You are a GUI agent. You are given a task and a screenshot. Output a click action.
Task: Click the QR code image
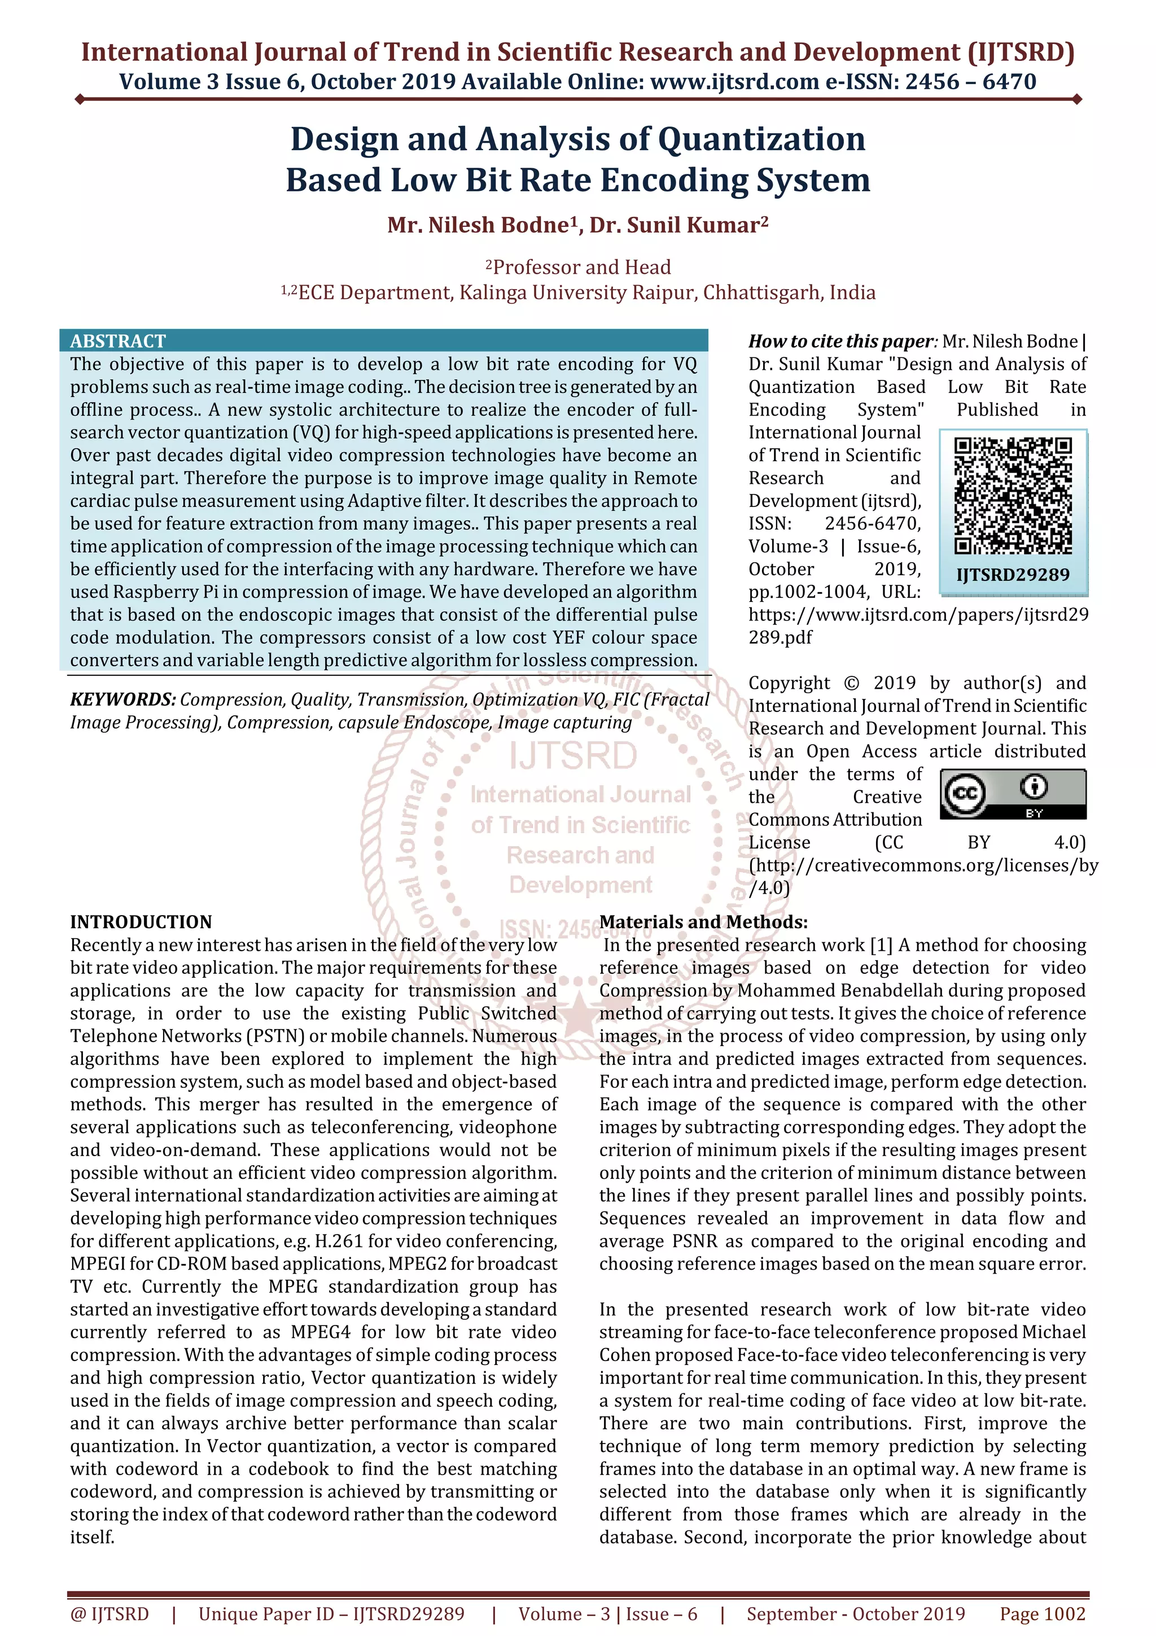click(x=1012, y=495)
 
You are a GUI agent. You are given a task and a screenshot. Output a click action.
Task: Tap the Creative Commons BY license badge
click(x=1012, y=793)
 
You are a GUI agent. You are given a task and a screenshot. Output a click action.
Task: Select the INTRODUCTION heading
click(x=141, y=921)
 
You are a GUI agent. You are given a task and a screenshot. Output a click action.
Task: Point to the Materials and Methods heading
click(x=703, y=921)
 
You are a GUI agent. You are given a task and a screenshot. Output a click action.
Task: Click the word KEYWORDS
click(x=122, y=699)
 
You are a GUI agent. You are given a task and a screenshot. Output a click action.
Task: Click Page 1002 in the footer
click(x=1042, y=1613)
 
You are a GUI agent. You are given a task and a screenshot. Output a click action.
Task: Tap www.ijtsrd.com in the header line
click(x=734, y=82)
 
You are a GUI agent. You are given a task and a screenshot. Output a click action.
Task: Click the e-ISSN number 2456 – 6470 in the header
click(x=970, y=82)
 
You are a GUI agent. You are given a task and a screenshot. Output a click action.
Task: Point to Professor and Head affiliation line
click(x=581, y=267)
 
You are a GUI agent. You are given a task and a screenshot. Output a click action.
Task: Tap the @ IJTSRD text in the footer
click(x=110, y=1613)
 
